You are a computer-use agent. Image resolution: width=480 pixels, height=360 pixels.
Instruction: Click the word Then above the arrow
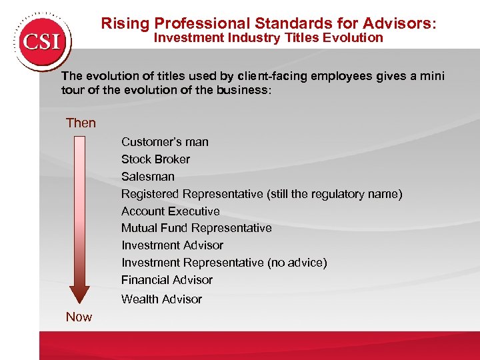click(x=81, y=123)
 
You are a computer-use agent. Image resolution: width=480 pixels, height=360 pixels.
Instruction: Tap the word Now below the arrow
click(x=79, y=317)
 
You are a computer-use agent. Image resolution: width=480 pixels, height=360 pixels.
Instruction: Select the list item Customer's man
click(x=165, y=142)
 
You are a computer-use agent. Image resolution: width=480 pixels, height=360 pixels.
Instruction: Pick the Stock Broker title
click(x=155, y=159)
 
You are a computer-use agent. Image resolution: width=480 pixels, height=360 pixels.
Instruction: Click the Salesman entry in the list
click(x=148, y=177)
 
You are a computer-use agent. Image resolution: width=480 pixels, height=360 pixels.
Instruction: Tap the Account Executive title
click(x=170, y=211)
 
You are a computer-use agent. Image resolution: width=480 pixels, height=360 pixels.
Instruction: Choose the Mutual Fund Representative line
click(x=196, y=228)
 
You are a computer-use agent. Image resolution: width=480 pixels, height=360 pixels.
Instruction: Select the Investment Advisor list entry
click(x=172, y=245)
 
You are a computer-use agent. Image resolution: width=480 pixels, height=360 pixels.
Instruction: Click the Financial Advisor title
click(x=167, y=280)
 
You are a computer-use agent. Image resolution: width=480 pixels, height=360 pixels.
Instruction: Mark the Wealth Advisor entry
click(x=161, y=299)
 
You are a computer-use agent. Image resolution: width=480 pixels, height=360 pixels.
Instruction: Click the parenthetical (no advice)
click(x=297, y=263)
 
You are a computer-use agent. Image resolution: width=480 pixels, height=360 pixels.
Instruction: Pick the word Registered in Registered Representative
click(x=151, y=194)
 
